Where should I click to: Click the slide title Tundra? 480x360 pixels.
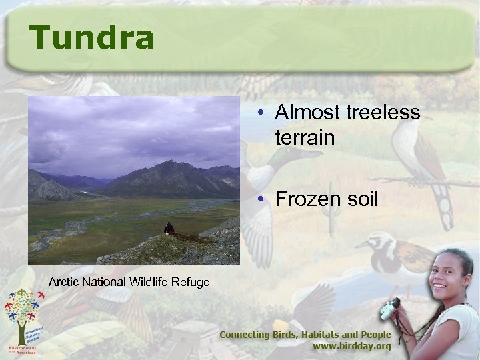click(91, 38)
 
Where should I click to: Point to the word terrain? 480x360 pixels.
click(303, 138)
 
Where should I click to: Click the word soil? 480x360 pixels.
click(363, 199)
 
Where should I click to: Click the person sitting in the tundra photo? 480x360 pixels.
click(169, 229)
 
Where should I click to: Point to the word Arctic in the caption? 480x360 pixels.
click(64, 283)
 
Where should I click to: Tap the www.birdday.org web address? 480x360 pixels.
click(352, 347)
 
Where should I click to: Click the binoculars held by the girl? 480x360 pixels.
click(390, 309)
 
